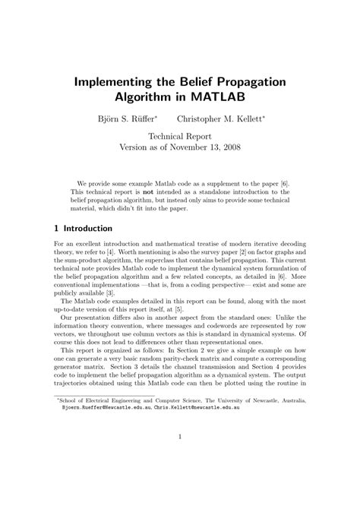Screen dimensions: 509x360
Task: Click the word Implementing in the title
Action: pyautogui.click(x=116, y=81)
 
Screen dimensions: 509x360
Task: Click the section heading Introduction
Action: pyautogui.click(x=86, y=229)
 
